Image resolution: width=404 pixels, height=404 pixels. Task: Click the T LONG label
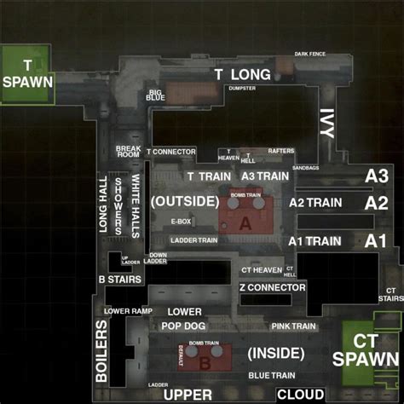pos(242,75)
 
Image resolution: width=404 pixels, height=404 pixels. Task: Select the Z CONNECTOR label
pos(272,287)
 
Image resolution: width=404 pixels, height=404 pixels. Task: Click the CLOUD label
pos(299,395)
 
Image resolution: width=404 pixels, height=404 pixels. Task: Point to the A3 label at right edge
pos(376,175)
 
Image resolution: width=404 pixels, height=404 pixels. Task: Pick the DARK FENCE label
pos(310,55)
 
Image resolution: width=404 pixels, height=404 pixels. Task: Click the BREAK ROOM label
pos(128,152)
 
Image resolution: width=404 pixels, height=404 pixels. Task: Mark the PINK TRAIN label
pos(294,326)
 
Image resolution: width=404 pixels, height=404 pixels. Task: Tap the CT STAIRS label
pos(390,295)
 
